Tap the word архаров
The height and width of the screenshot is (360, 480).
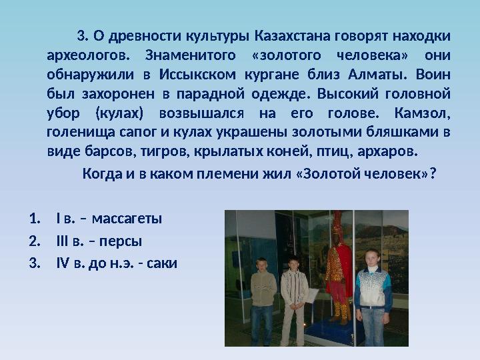point(387,151)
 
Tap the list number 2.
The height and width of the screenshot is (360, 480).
point(33,241)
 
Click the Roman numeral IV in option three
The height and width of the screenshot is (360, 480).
point(63,263)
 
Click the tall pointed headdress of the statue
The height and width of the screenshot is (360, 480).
point(337,223)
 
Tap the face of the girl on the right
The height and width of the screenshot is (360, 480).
point(372,259)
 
